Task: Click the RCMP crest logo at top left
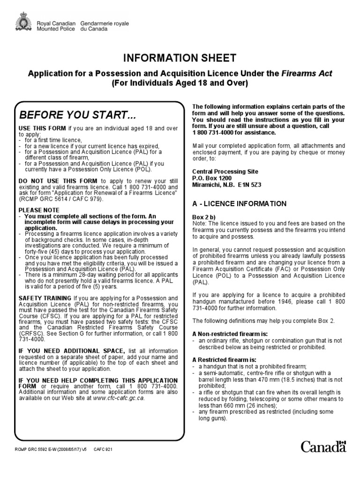pyautogui.click(x=22, y=22)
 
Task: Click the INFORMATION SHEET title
pyautogui.click(x=180, y=58)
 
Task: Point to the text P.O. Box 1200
pyautogui.click(x=212, y=179)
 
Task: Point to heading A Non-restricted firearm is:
pyautogui.click(x=227, y=333)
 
